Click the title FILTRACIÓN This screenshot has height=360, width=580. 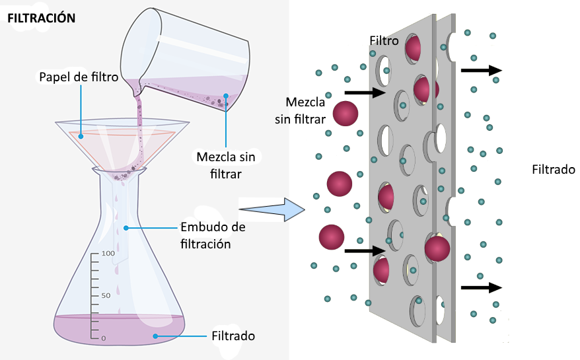tap(41, 18)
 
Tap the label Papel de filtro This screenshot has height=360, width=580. tap(78, 77)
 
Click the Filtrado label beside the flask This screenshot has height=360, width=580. tap(233, 336)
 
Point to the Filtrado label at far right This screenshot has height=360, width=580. tap(554, 169)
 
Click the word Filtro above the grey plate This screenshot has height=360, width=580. tap(384, 41)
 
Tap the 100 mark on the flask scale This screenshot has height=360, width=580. tap(108, 254)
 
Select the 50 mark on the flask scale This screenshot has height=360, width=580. tap(105, 295)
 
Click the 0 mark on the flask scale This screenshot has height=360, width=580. tap(103, 338)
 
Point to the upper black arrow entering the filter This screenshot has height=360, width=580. tap(364, 92)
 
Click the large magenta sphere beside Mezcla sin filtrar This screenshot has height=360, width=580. tap(345, 114)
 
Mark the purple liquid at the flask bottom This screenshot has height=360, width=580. tap(119, 329)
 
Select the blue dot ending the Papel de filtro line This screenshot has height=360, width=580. tap(81, 135)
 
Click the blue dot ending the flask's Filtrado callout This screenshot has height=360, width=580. tap(156, 336)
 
